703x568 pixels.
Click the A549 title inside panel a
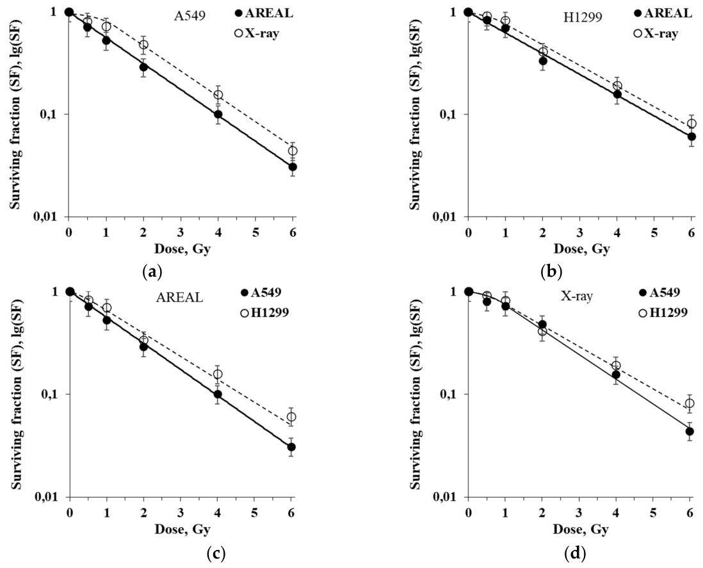(x=190, y=16)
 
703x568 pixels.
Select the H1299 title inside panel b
(x=583, y=17)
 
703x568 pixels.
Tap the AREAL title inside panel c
(x=179, y=297)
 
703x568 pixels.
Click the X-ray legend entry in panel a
(x=257, y=33)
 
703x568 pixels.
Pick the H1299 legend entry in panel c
(x=264, y=312)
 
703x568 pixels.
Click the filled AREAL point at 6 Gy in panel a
(x=293, y=167)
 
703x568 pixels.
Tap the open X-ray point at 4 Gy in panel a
(x=218, y=95)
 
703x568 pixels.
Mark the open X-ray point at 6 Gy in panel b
(x=691, y=124)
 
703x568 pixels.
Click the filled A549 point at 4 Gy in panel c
(x=218, y=394)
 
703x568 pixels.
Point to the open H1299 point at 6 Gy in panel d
(x=690, y=403)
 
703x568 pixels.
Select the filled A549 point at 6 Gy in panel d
(x=690, y=431)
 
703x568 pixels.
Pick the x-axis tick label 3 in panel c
(x=181, y=512)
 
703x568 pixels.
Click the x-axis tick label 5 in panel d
(x=653, y=512)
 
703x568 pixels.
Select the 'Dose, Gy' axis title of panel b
(x=581, y=249)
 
